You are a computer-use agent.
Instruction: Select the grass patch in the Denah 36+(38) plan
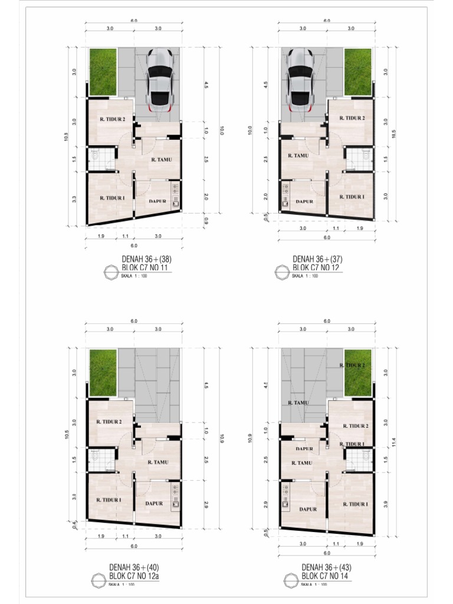point(103,71)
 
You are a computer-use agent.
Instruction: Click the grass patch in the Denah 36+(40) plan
point(103,372)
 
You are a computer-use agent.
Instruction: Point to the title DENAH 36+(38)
point(147,258)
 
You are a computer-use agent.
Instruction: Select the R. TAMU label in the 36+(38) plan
point(161,159)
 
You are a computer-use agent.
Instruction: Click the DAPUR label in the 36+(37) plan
point(304,201)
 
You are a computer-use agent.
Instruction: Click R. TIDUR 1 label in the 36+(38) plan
point(112,198)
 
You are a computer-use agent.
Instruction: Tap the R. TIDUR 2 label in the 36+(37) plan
point(352,118)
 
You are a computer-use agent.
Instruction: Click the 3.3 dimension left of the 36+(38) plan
point(75,199)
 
